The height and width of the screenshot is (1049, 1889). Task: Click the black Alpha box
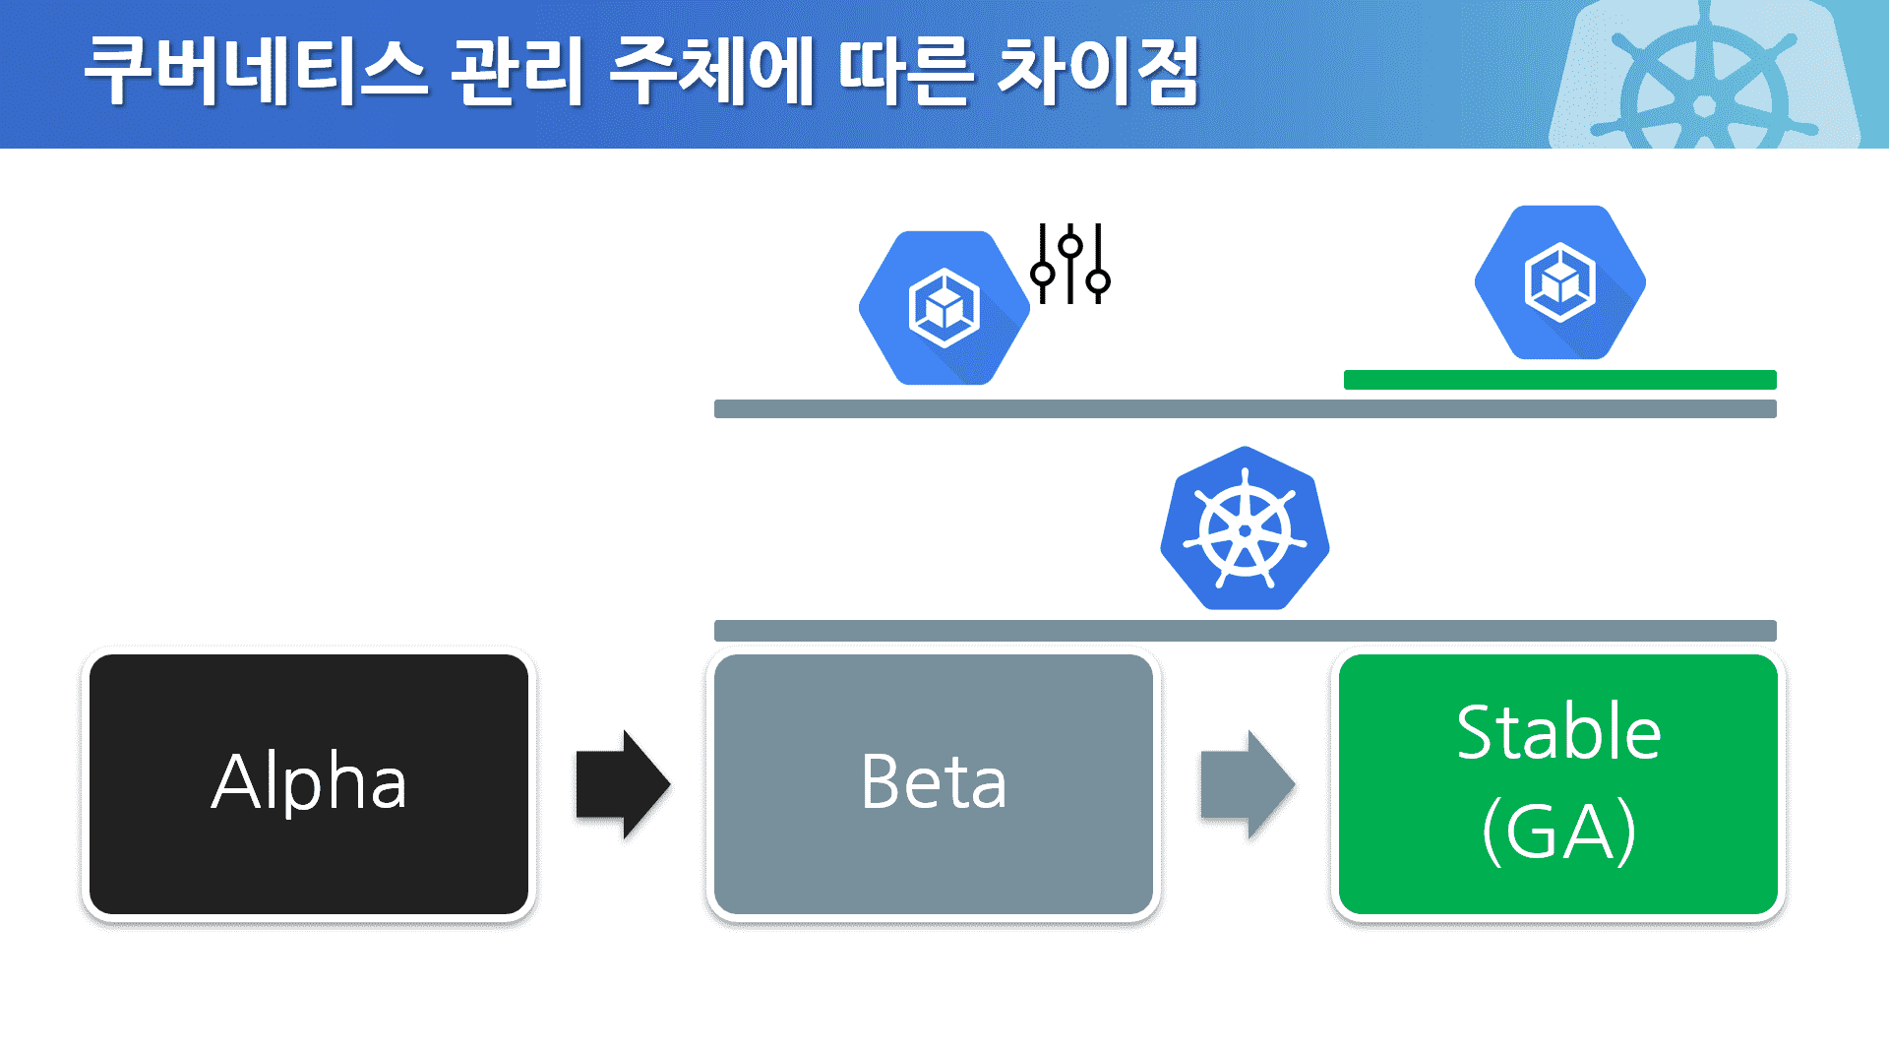point(308,784)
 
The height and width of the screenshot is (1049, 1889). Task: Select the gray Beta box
point(933,784)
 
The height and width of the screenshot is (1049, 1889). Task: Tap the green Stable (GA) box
point(1558,784)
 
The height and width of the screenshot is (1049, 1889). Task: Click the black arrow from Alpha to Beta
point(622,784)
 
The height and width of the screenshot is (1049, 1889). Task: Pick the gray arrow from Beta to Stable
point(1247,784)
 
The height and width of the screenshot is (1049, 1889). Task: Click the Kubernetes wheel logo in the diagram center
point(1245,529)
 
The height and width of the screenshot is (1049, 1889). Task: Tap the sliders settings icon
point(1070,264)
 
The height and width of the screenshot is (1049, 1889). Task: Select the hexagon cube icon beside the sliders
point(944,308)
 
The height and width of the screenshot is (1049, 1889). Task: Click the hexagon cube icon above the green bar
point(1559,282)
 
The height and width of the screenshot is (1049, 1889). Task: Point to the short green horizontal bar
point(1559,380)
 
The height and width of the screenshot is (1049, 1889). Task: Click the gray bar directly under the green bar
point(1245,409)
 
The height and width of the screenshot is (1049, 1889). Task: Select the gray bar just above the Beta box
point(1245,631)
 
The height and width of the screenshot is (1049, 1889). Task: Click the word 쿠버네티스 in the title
point(256,71)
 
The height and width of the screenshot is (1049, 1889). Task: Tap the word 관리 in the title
point(518,71)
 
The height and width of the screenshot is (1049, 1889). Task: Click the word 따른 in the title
point(906,71)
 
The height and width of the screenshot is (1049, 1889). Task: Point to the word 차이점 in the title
point(1099,71)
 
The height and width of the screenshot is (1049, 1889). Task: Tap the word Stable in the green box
point(1558,733)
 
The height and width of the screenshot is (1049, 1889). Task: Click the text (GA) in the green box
point(1558,832)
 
